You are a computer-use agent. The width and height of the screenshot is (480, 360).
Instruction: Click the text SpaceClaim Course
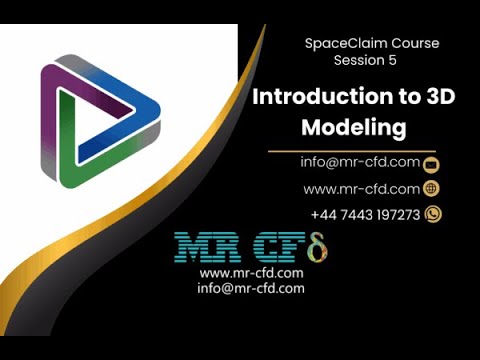click(371, 44)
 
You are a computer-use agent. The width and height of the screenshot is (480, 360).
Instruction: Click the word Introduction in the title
click(315, 98)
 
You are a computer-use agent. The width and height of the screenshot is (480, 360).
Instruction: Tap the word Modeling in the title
click(355, 129)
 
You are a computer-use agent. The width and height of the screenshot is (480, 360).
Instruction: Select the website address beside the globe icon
click(361, 188)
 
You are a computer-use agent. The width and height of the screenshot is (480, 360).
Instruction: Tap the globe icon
click(433, 188)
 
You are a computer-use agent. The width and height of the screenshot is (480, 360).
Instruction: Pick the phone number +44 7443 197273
click(365, 214)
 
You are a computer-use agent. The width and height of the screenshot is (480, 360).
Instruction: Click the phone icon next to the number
click(433, 214)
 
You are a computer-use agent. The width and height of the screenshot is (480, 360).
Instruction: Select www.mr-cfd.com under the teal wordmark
click(252, 273)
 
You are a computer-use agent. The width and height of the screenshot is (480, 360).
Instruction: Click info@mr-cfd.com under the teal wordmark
click(251, 288)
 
